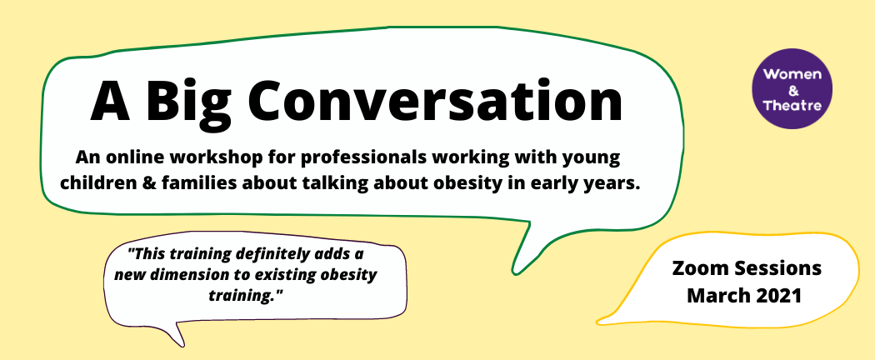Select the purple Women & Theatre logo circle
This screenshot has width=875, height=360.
(x=792, y=88)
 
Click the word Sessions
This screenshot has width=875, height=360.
(x=775, y=267)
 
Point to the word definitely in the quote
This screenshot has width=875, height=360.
(x=272, y=254)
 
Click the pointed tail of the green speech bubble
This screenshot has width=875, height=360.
(x=514, y=272)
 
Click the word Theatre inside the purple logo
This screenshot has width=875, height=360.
(x=792, y=105)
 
